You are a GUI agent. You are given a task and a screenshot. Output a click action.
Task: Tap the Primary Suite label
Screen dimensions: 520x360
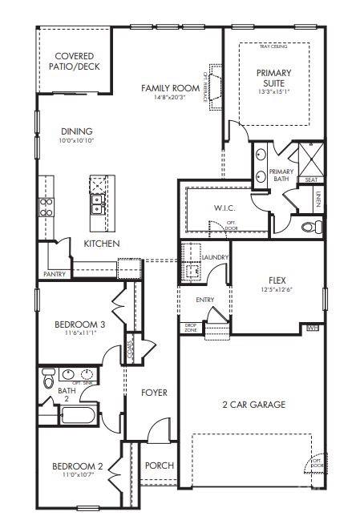click(x=274, y=78)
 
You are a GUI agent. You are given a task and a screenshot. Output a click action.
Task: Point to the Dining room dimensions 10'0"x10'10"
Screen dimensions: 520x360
click(x=77, y=141)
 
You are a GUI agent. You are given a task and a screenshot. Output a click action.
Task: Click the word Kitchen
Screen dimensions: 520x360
click(x=102, y=243)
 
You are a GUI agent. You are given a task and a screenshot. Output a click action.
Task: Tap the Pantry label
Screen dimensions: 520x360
click(x=55, y=274)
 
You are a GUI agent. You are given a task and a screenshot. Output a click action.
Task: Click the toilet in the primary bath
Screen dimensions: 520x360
click(x=309, y=228)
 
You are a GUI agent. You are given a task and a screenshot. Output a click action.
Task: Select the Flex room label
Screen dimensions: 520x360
click(x=277, y=280)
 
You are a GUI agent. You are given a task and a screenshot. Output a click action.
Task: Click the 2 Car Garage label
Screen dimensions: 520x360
click(x=254, y=405)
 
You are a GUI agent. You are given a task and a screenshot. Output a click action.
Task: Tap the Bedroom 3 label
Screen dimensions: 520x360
click(x=79, y=324)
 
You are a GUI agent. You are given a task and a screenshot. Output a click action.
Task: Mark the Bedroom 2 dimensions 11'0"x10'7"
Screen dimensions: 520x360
click(x=77, y=474)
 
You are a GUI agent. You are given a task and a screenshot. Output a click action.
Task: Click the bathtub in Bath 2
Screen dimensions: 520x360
click(x=78, y=415)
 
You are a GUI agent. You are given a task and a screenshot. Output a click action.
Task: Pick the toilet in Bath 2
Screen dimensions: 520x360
click(x=48, y=375)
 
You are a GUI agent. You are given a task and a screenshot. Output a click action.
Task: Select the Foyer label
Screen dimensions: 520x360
click(x=154, y=393)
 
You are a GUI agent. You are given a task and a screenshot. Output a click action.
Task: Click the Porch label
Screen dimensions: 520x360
click(x=159, y=466)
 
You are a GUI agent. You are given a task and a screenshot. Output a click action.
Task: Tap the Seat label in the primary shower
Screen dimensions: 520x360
click(x=311, y=180)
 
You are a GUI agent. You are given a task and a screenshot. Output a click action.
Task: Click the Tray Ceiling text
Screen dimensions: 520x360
click(x=274, y=47)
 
